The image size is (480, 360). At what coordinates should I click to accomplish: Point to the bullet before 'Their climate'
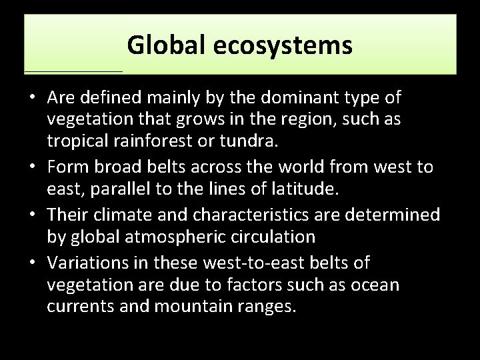(x=31, y=215)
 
